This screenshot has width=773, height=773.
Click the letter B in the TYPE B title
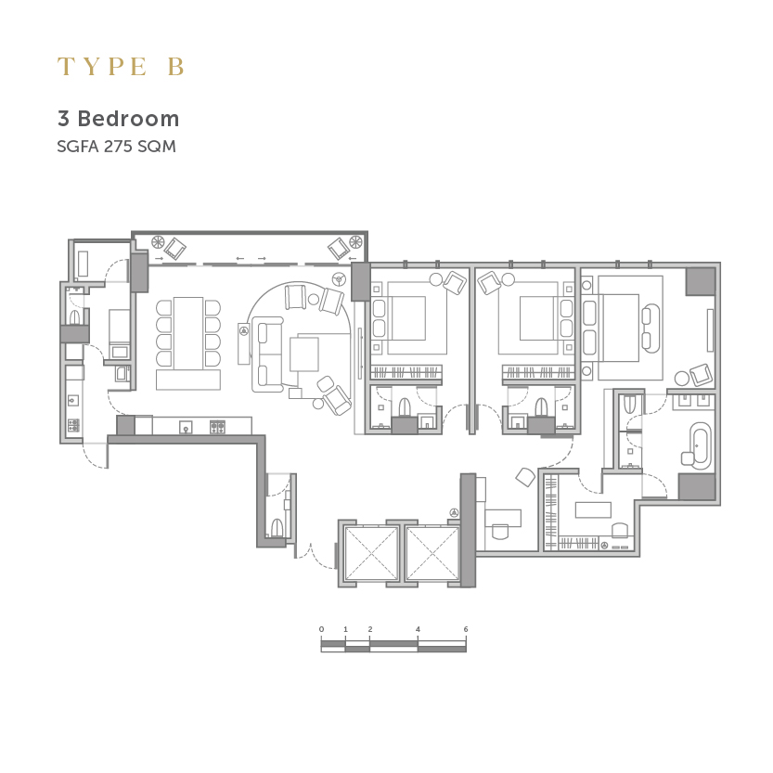[x=176, y=67]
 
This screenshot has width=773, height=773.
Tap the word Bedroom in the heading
[x=128, y=119]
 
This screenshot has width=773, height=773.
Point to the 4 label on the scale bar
[x=418, y=629]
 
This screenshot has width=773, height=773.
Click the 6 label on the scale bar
[x=466, y=629]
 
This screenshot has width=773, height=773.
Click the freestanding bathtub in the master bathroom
[x=700, y=445]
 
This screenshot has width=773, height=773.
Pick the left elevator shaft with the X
[x=371, y=553]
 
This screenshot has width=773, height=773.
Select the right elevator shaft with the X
[x=432, y=553]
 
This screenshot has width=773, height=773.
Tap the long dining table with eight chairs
[x=188, y=333]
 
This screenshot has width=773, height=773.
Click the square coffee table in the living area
[x=304, y=354]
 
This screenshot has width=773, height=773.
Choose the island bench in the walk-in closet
[x=593, y=509]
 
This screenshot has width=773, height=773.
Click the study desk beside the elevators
[x=503, y=518]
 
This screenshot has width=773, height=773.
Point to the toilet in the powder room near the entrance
[x=277, y=527]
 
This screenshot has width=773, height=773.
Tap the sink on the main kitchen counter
[x=186, y=427]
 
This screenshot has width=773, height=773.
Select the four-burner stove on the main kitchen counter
[x=217, y=427]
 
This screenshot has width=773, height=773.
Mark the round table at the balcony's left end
[x=158, y=242]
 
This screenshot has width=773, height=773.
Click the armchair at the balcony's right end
[x=339, y=248]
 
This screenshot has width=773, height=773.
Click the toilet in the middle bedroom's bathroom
[x=541, y=407]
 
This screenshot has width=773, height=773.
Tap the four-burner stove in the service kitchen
[x=73, y=425]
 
